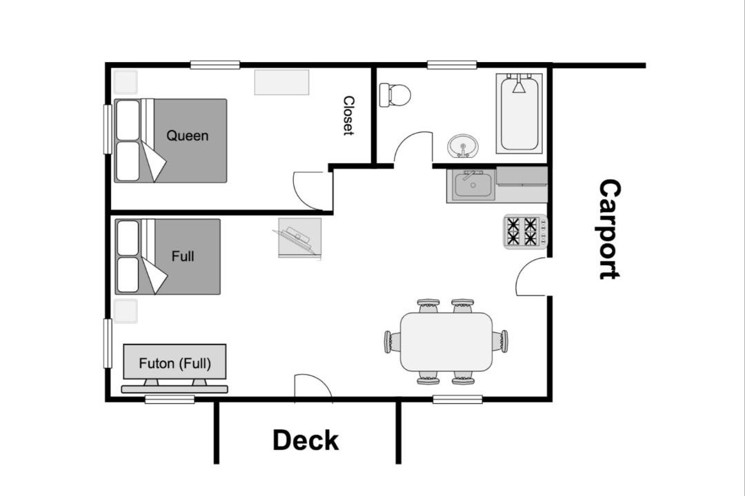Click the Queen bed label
pyautogui.click(x=187, y=136)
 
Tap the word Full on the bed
pyautogui.click(x=182, y=256)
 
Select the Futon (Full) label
pyautogui.click(x=175, y=364)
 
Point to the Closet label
pyautogui.click(x=349, y=116)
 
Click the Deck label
pyautogui.click(x=306, y=440)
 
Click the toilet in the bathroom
pyautogui.click(x=395, y=95)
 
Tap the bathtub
pyautogui.click(x=519, y=114)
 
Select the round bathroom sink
pyautogui.click(x=463, y=146)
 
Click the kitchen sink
pyautogui.click(x=473, y=185)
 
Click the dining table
pyautogui.click(x=446, y=342)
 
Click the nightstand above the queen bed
pyautogui.click(x=126, y=82)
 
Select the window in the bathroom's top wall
pyautogui.click(x=452, y=65)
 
